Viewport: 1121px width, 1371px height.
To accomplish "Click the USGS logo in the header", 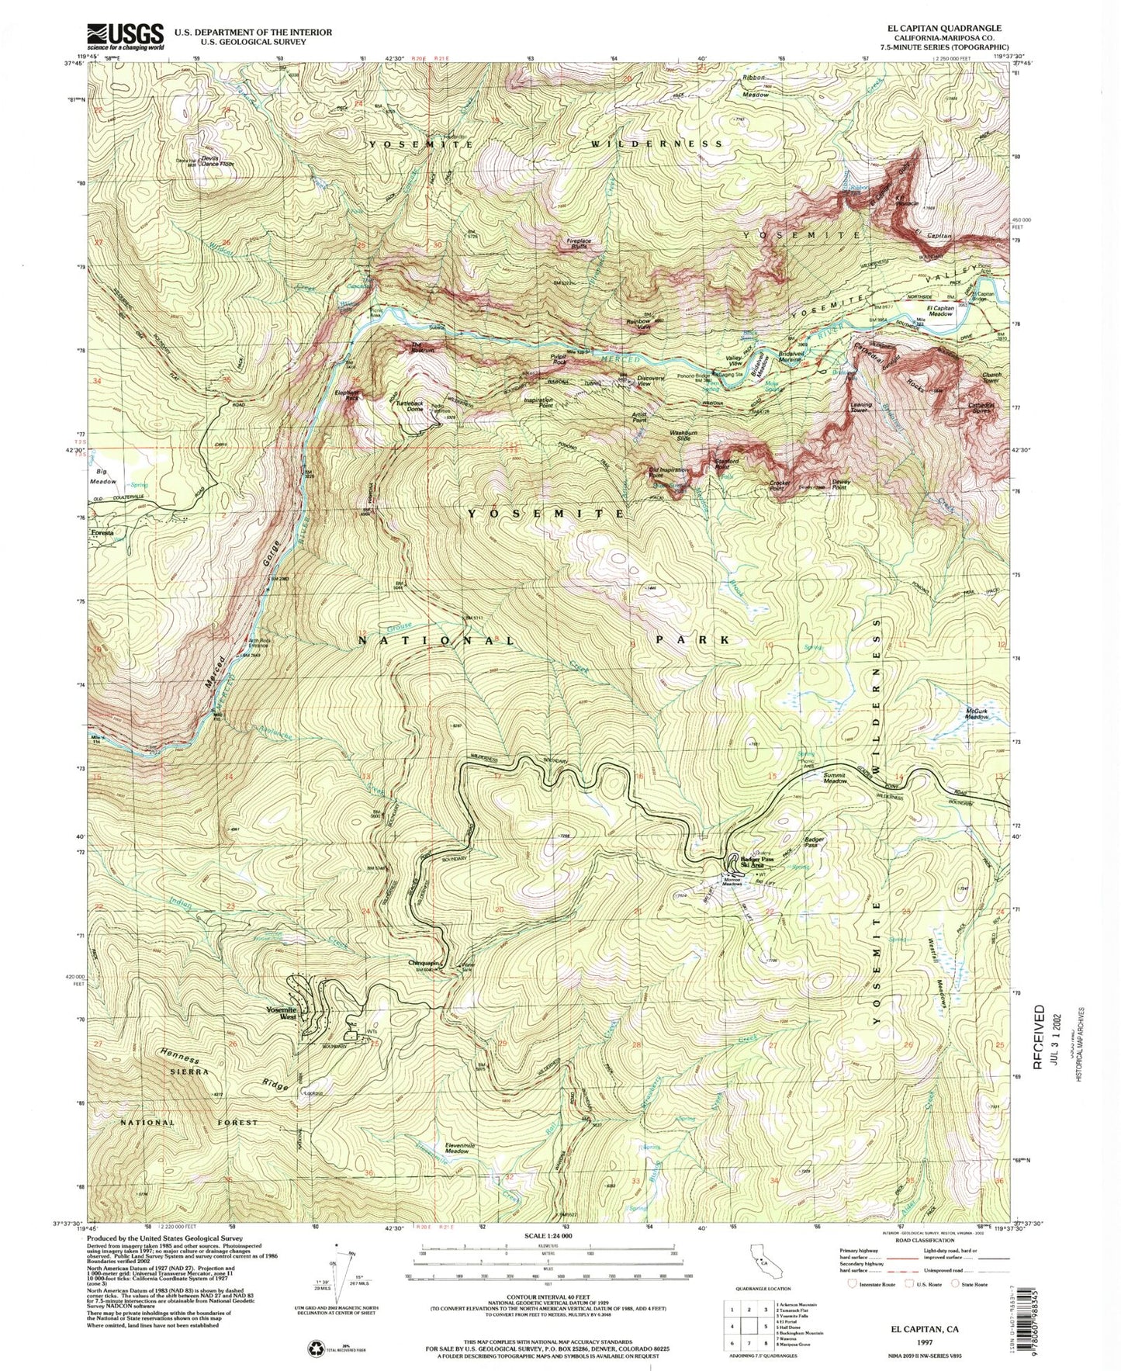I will (x=126, y=36).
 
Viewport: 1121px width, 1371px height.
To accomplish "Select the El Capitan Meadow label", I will (x=939, y=310).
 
